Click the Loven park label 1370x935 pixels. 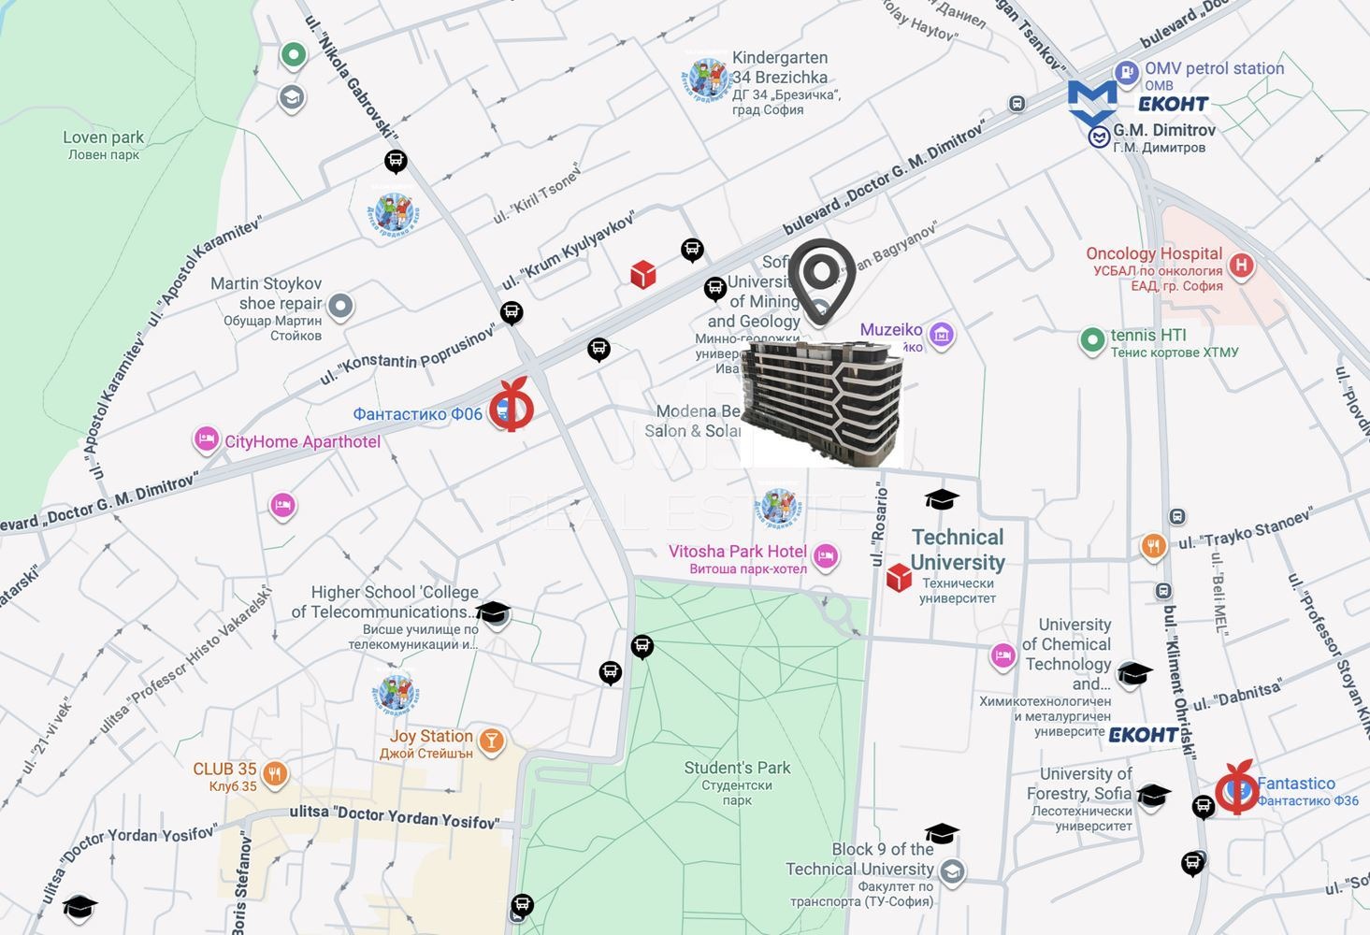tap(103, 145)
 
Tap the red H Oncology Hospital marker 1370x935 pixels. tap(1241, 266)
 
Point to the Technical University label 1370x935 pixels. tap(958, 550)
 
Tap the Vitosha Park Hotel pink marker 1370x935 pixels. tap(825, 556)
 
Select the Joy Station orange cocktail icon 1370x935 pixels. tap(491, 741)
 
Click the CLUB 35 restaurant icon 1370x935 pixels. tap(274, 774)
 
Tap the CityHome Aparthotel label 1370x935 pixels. tap(302, 441)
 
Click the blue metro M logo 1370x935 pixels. tap(1092, 103)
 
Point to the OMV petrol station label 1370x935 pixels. tap(1214, 68)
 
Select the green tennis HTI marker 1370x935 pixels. tap(1092, 340)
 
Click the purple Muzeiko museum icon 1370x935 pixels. tap(941, 334)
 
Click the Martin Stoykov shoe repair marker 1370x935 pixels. tap(340, 306)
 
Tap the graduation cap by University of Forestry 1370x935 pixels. tap(1154, 795)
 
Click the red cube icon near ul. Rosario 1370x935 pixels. tap(899, 578)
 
